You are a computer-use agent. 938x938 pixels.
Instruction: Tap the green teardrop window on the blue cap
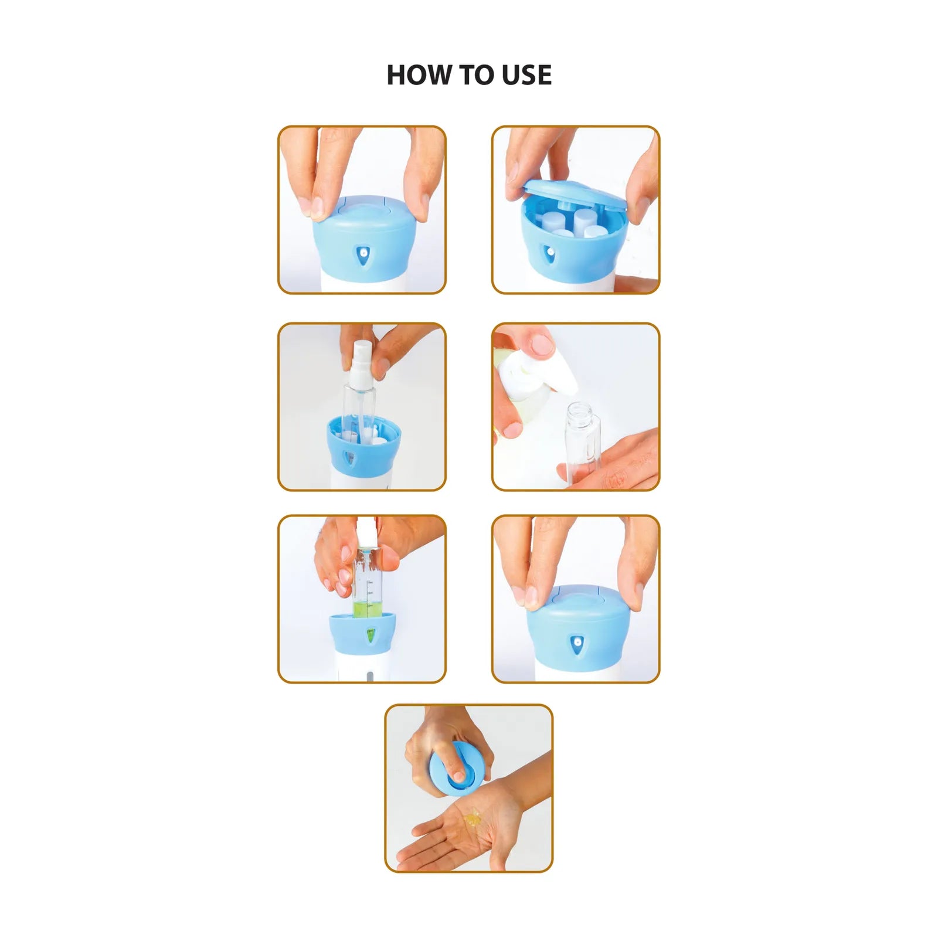click(371, 635)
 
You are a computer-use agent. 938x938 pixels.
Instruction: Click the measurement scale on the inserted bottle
click(369, 595)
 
